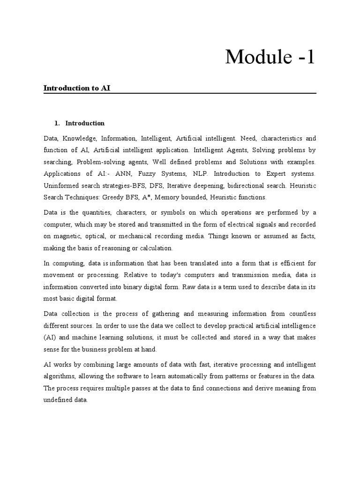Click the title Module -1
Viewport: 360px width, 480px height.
click(x=270, y=57)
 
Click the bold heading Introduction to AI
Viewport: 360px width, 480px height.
click(x=77, y=88)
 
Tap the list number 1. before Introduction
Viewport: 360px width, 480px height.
click(x=57, y=123)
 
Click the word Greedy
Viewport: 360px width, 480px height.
click(x=125, y=197)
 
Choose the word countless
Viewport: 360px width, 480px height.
click(x=300, y=314)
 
